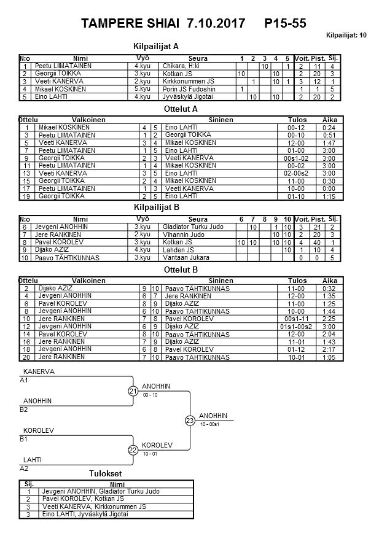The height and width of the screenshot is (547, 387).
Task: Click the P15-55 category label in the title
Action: point(285,23)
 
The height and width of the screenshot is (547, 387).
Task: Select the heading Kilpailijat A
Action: point(156,46)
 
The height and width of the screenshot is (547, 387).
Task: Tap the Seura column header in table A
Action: point(198,58)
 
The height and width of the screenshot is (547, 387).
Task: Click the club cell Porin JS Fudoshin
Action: point(189,89)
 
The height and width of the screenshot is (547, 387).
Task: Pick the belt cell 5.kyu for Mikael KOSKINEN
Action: point(143,89)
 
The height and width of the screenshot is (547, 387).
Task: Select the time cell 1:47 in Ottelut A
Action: point(329,142)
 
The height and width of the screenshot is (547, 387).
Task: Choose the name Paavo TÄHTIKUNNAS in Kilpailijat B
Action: point(63,258)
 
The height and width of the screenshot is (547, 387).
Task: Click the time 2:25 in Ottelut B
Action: point(329,319)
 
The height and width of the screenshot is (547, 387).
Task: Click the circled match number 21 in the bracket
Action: point(133,391)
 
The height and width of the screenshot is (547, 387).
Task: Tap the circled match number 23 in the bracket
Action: point(189,421)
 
